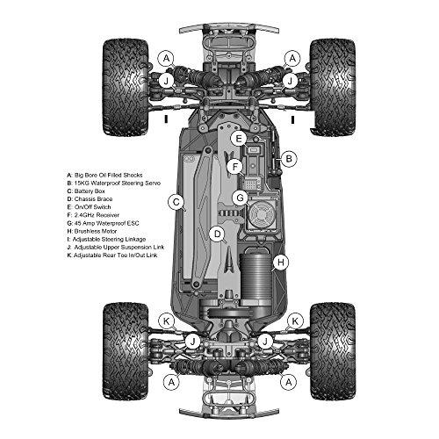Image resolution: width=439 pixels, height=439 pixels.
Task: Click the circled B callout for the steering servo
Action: pyautogui.click(x=289, y=159)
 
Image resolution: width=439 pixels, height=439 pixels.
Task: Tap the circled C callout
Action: pyautogui.click(x=176, y=203)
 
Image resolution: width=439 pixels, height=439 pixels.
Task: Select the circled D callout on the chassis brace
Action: pyautogui.click(x=218, y=234)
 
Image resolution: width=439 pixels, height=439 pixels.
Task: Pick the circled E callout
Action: pyautogui.click(x=239, y=139)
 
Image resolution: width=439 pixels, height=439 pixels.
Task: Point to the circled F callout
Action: pyautogui.click(x=235, y=167)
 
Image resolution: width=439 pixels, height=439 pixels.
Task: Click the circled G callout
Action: pyautogui.click(x=240, y=198)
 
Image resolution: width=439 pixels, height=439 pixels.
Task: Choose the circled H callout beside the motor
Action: pyautogui.click(x=281, y=262)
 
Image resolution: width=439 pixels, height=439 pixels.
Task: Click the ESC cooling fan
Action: pyautogui.click(x=262, y=212)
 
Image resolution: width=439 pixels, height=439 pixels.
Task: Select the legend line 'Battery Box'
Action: pyautogui.click(x=86, y=191)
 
